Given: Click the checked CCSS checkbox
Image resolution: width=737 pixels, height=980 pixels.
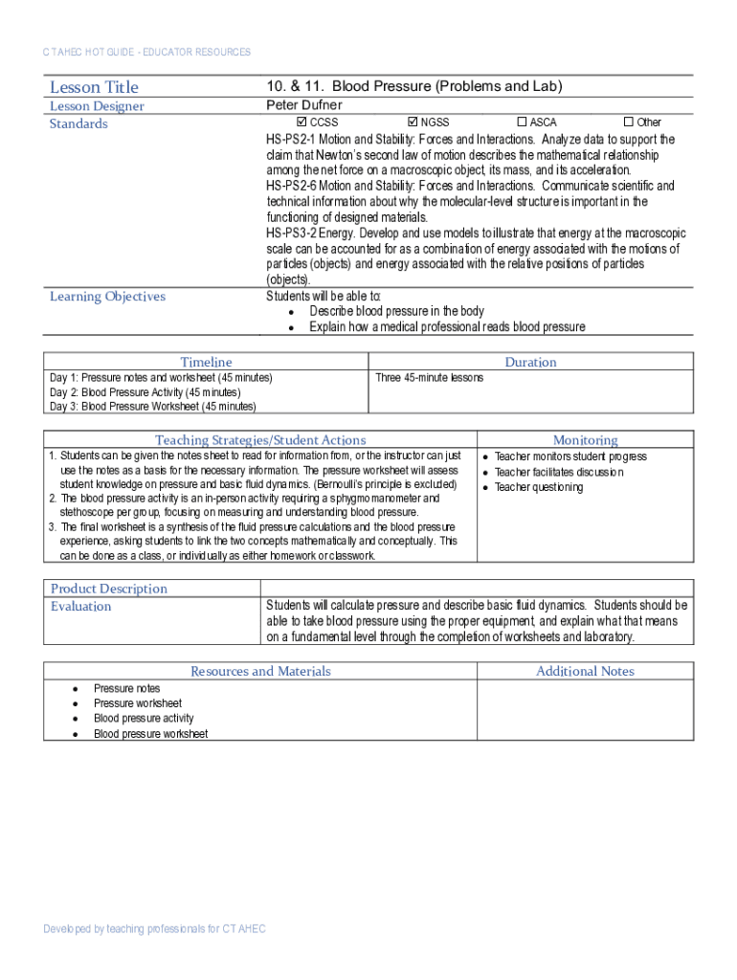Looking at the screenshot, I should pos(302,122).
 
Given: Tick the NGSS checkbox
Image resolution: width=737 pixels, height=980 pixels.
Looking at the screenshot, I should pos(413,122).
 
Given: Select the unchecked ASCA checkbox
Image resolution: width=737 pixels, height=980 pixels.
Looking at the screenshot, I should pos(522,122).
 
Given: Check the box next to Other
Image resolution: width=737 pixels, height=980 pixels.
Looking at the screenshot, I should pos(629,122).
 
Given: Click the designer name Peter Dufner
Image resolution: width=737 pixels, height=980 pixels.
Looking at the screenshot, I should pos(303,105).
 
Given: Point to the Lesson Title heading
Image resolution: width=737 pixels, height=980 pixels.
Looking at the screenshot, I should pos(94,87).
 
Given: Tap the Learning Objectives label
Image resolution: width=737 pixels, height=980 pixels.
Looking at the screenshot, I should pos(107,297).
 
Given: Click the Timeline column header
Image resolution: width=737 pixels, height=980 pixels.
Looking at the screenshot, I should pos(207,362).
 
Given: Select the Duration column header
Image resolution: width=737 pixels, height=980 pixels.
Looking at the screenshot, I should pos(530,362).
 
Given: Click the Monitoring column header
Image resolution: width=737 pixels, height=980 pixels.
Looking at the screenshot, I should pos(585,440).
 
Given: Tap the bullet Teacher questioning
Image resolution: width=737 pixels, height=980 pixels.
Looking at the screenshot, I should pos(538,488).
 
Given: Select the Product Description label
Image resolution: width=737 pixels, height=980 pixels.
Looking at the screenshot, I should pos(108,589).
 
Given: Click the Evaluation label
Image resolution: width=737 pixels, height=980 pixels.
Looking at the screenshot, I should pos(80,607).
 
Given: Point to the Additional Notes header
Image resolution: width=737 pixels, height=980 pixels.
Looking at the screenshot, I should pos(585,671).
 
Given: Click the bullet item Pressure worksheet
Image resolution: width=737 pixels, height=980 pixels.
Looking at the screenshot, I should pos(137,703).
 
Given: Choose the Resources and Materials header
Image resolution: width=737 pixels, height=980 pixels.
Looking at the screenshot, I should pos(260,671).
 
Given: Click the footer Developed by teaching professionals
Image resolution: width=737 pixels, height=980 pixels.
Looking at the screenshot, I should pos(154,929).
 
